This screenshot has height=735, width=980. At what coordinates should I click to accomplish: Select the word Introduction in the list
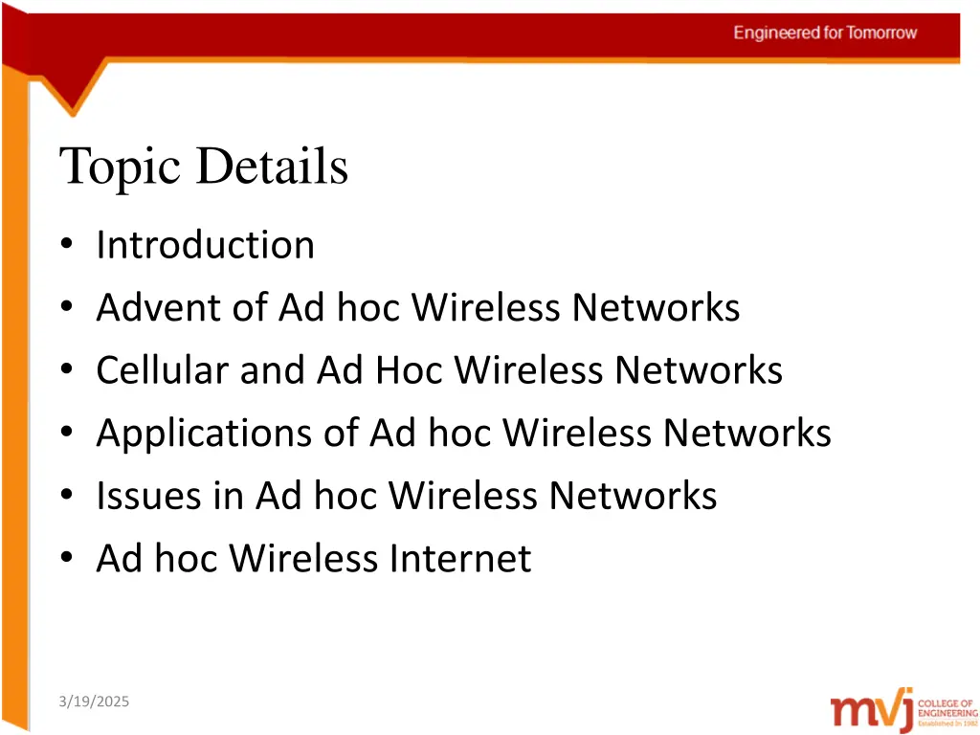(205, 245)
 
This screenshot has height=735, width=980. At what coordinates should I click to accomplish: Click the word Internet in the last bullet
(458, 558)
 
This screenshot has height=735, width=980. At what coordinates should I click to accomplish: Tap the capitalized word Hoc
(410, 370)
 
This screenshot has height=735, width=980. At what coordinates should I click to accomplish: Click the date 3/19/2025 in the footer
(93, 702)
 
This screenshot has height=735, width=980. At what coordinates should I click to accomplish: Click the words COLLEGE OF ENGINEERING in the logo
(947, 707)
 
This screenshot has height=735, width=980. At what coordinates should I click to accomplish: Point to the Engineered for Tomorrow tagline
(825, 33)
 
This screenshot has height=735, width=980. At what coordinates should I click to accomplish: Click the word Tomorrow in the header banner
(880, 33)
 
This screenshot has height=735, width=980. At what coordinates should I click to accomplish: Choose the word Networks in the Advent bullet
(656, 308)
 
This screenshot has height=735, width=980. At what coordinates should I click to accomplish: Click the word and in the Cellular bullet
(273, 370)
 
